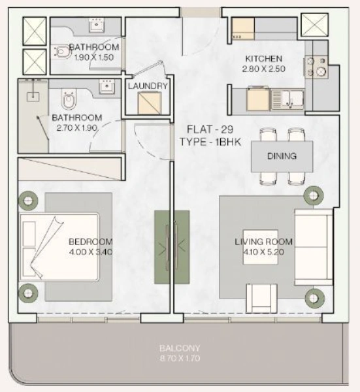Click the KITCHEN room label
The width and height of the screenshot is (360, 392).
pyautogui.click(x=263, y=58)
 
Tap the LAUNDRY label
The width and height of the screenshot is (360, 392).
pyautogui.click(x=148, y=86)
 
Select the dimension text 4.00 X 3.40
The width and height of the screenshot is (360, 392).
pyautogui.click(x=91, y=250)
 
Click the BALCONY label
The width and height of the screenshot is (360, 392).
pyautogui.click(x=180, y=348)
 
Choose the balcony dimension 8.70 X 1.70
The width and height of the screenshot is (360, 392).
pyautogui.click(x=180, y=359)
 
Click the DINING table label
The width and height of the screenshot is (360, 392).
pyautogui.click(x=282, y=156)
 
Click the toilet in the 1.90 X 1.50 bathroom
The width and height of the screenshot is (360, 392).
pyautogui.click(x=61, y=50)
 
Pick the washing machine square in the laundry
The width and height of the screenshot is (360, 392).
pyautogui.click(x=148, y=103)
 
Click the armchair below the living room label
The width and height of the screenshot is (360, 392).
pyautogui.click(x=265, y=297)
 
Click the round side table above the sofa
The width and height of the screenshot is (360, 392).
pyautogui.click(x=313, y=195)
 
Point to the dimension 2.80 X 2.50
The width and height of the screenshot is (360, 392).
pyautogui.click(x=263, y=69)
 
